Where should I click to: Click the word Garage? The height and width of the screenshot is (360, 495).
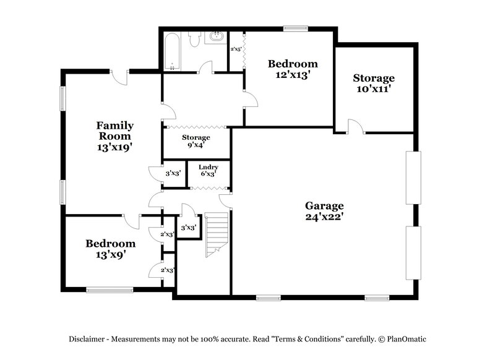pyautogui.click(x=324, y=205)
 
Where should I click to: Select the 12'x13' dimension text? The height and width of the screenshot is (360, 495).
pyautogui.click(x=293, y=74)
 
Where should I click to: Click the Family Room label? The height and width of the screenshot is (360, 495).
pyautogui.click(x=114, y=131)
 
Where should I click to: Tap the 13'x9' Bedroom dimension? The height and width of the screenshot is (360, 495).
pyautogui.click(x=110, y=254)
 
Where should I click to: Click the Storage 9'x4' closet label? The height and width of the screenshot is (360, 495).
pyautogui.click(x=196, y=141)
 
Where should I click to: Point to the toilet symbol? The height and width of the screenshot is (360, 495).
pyautogui.click(x=194, y=40)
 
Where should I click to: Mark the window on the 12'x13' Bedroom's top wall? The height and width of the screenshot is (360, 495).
pyautogui.click(x=296, y=28)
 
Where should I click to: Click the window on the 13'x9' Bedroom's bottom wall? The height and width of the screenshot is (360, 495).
pyautogui.click(x=109, y=288)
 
